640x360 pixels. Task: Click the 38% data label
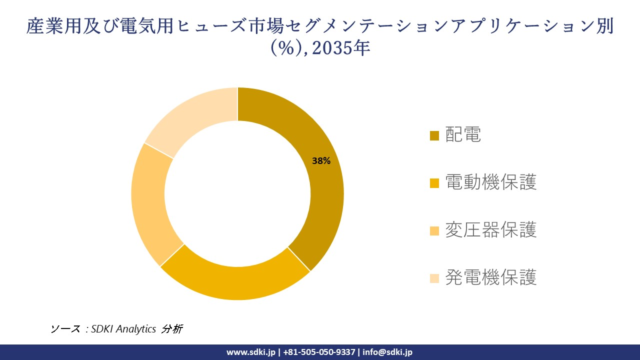click(x=321, y=161)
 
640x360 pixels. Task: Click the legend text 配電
click(x=463, y=135)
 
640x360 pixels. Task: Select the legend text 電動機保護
click(x=490, y=182)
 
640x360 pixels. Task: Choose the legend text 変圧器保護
click(x=490, y=230)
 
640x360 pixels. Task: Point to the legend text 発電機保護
click(x=490, y=277)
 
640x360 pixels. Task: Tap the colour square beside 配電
click(x=434, y=135)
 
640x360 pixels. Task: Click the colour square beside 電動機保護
click(x=434, y=183)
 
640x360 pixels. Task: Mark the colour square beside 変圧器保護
click(x=434, y=230)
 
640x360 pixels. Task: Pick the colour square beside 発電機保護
click(x=434, y=278)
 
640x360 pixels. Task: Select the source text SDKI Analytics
click(x=123, y=329)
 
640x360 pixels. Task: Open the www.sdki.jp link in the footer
click(x=251, y=352)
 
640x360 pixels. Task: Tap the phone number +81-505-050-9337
click(x=320, y=352)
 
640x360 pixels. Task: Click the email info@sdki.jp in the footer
click(x=387, y=352)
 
